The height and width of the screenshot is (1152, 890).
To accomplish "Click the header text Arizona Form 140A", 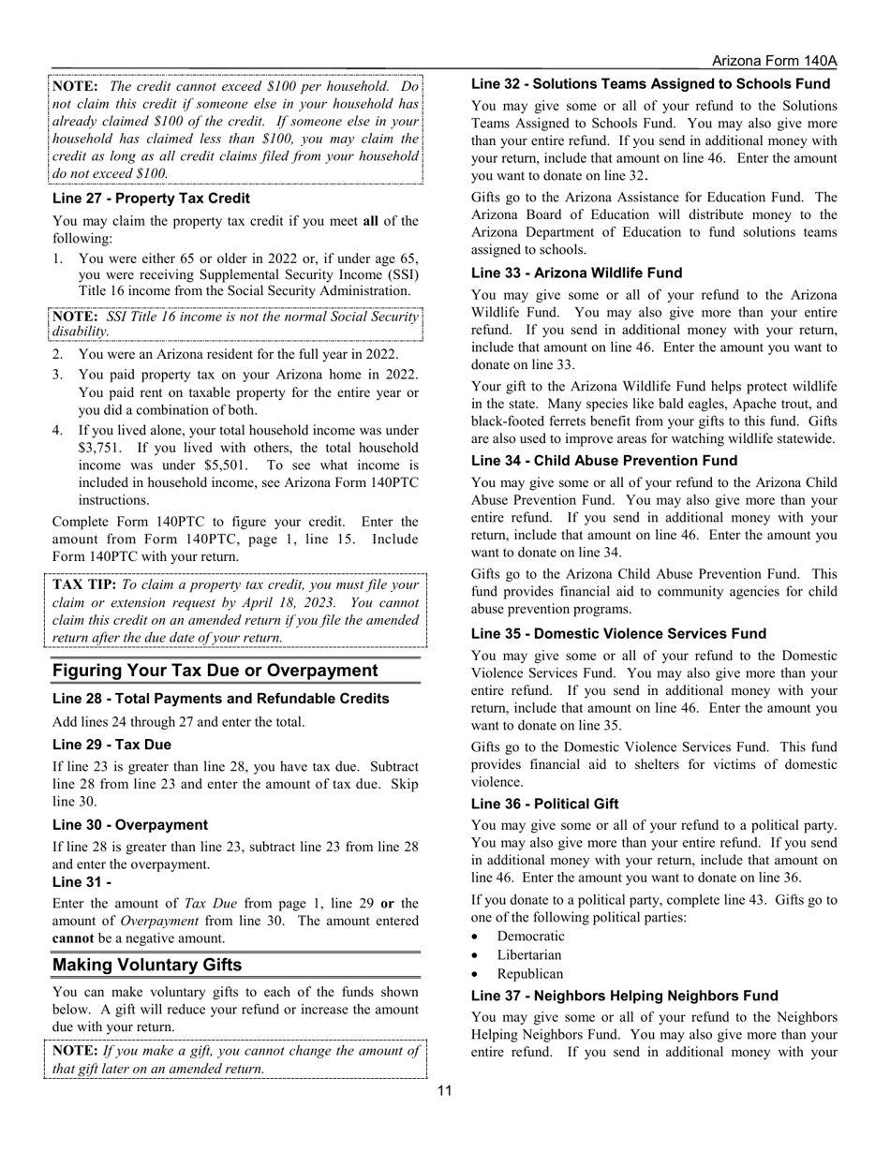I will (x=774, y=61).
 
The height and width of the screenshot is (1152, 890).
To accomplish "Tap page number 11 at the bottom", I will (x=444, y=1090).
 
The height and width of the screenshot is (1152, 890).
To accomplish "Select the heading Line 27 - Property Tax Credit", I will (x=151, y=199).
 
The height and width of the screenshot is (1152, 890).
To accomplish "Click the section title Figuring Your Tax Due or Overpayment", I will (x=215, y=671).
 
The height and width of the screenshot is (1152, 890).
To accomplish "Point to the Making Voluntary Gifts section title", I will (x=147, y=965).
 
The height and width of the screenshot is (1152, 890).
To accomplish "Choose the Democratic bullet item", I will (x=530, y=937).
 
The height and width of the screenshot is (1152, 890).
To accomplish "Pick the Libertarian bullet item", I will (x=529, y=955).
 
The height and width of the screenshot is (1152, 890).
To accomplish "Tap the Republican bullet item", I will (x=530, y=974).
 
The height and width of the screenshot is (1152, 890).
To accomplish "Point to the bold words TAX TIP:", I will (x=84, y=584).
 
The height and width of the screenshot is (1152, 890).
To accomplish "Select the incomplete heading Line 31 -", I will (x=82, y=882).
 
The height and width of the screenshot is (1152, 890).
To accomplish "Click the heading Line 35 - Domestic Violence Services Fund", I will (x=631, y=634).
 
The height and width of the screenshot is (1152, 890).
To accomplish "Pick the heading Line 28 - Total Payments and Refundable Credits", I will (x=220, y=699).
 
